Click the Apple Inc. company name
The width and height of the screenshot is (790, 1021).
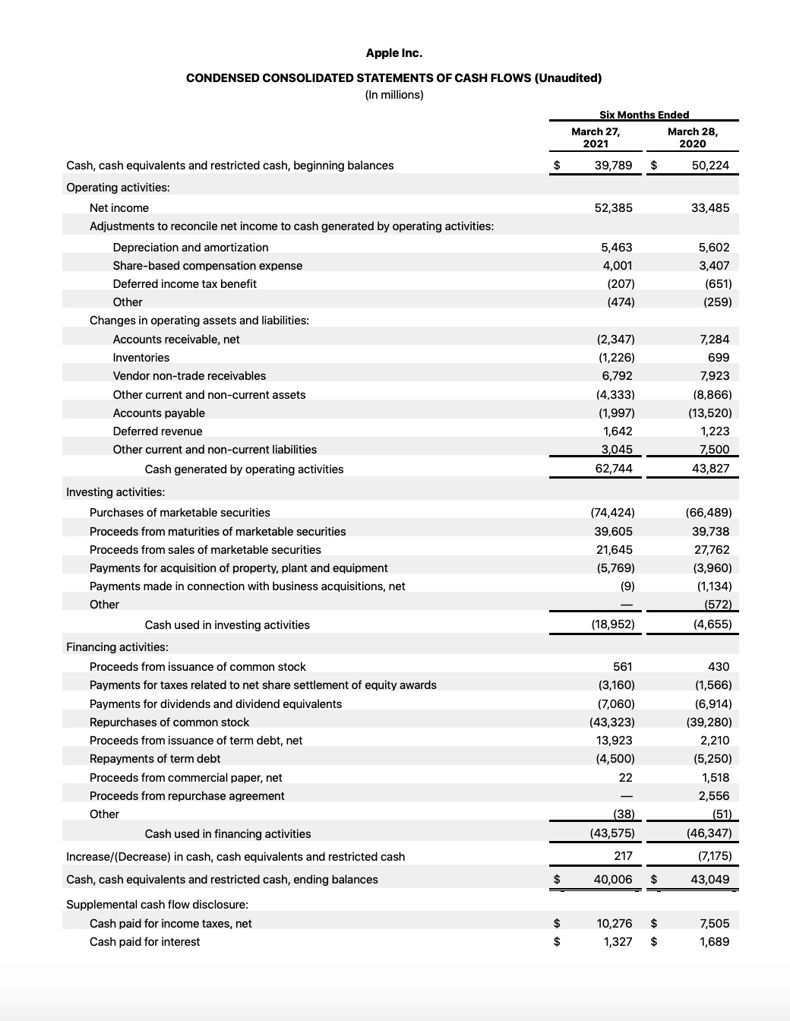(x=393, y=53)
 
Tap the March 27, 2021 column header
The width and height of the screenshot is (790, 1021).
(x=596, y=138)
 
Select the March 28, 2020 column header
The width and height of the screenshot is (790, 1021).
(x=692, y=138)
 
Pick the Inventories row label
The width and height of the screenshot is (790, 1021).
(x=141, y=358)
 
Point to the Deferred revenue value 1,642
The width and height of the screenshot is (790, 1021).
(x=617, y=431)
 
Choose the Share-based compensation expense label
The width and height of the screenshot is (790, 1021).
(x=207, y=266)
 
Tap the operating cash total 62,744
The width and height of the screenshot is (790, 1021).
(x=614, y=469)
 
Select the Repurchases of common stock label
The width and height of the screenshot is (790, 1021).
(x=169, y=722)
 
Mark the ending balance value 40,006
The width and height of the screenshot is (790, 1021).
(x=612, y=880)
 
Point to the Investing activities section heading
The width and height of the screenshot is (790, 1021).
(x=115, y=492)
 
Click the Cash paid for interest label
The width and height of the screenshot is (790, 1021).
(x=144, y=942)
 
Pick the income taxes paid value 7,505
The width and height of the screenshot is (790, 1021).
(x=714, y=924)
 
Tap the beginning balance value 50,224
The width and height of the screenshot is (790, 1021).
(x=710, y=166)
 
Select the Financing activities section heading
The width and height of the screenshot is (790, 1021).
(x=117, y=647)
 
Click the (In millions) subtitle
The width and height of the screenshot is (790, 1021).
(x=393, y=95)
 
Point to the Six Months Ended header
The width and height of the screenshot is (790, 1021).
(x=644, y=115)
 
